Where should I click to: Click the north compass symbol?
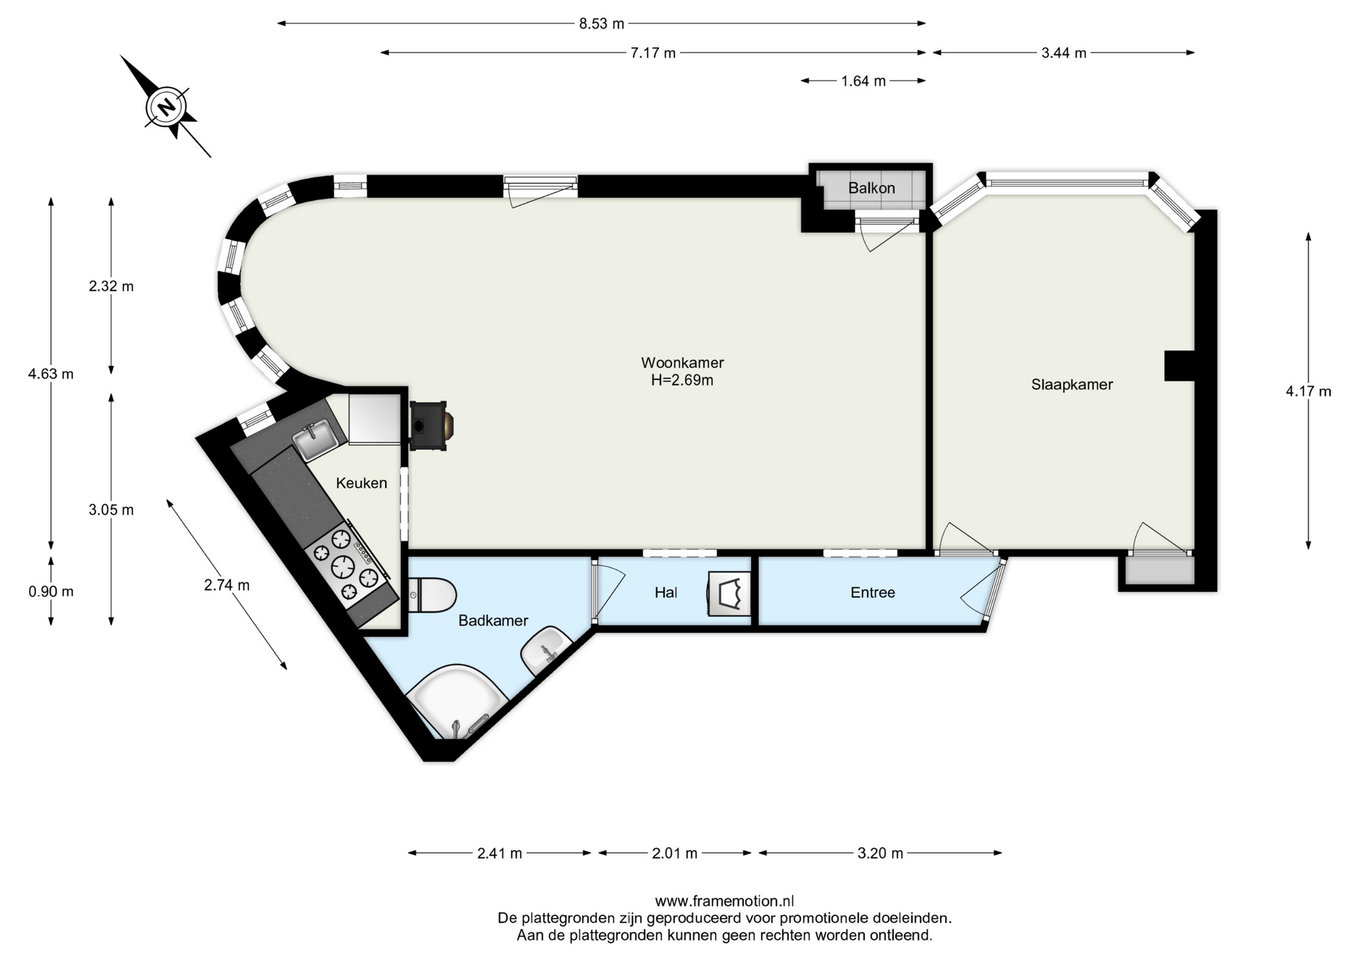pyautogui.click(x=166, y=107)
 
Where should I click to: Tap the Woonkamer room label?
pyautogui.click(x=682, y=362)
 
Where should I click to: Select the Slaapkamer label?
pyautogui.click(x=1072, y=384)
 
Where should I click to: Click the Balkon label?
pyautogui.click(x=871, y=188)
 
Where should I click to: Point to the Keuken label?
pyautogui.click(x=361, y=483)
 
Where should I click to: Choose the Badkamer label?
pyautogui.click(x=493, y=621)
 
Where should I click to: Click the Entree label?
pyautogui.click(x=873, y=592)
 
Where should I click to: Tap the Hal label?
pyautogui.click(x=665, y=592)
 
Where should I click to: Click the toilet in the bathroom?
pyautogui.click(x=432, y=594)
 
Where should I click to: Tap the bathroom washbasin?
pyautogui.click(x=546, y=651)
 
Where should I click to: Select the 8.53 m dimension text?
pyautogui.click(x=602, y=23)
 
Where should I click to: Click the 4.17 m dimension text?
pyautogui.click(x=1308, y=391)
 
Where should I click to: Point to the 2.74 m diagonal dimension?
pyautogui.click(x=226, y=585)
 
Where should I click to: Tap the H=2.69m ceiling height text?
pyautogui.click(x=682, y=380)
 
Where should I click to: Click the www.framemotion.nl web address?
pyautogui.click(x=724, y=901)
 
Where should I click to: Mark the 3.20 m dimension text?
pyautogui.click(x=880, y=853)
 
